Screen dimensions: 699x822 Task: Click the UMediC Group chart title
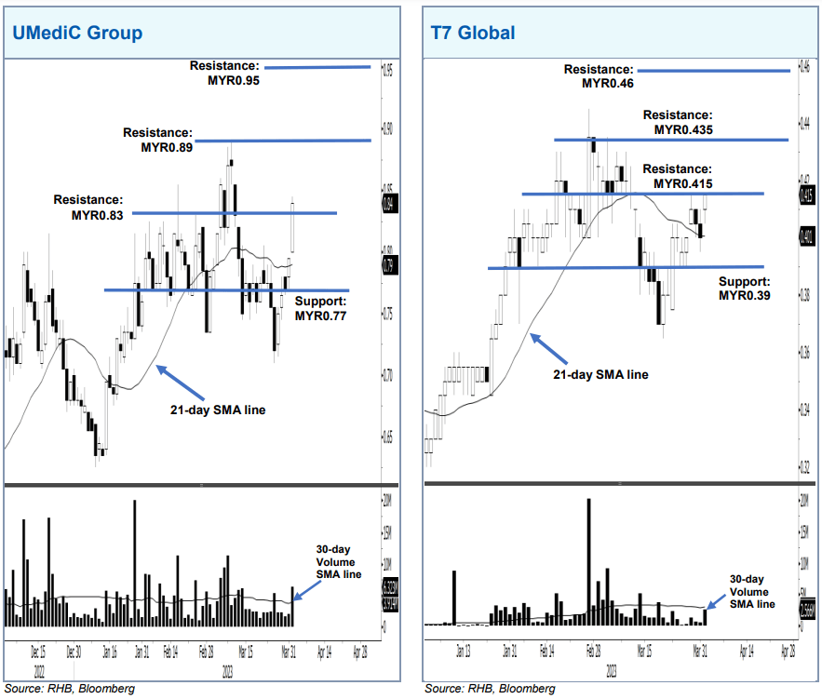click(76, 34)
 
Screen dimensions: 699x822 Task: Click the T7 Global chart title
click(472, 34)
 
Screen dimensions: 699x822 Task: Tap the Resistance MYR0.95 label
click(224, 74)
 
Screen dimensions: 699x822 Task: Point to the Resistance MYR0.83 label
click(88, 207)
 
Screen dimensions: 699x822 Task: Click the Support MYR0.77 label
click(320, 308)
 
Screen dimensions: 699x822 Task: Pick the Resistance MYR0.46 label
click(599, 76)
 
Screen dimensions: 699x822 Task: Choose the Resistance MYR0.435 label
click(678, 122)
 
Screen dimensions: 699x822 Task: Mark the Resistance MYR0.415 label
click(677, 177)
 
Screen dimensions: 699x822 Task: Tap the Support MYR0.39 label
click(745, 288)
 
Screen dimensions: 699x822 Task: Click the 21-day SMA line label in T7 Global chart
click(600, 374)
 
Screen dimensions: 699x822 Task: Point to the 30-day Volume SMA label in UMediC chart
click(334, 562)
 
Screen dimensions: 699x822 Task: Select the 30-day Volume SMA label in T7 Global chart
click(751, 591)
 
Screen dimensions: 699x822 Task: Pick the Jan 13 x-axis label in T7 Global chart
click(462, 652)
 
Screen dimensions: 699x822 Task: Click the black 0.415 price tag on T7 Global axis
click(806, 195)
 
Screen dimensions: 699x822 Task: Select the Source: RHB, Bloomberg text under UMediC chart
click(69, 689)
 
